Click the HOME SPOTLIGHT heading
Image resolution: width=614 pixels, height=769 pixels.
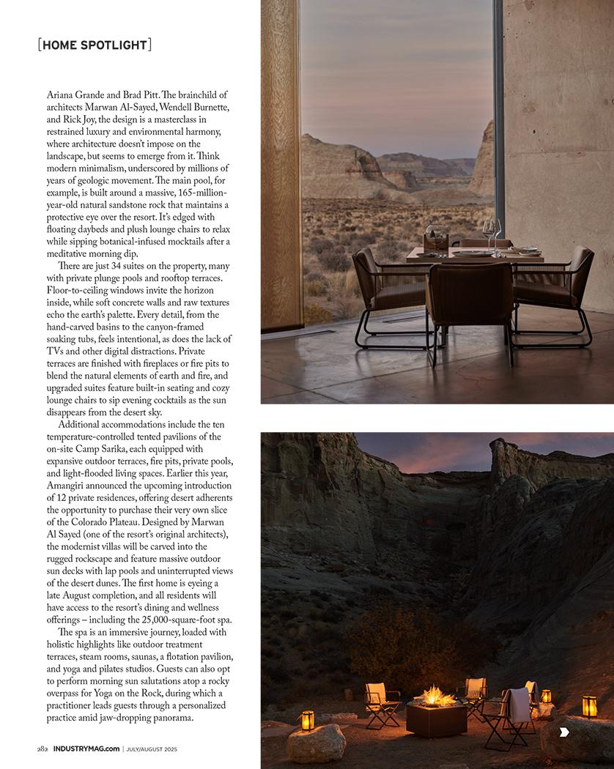click(95, 45)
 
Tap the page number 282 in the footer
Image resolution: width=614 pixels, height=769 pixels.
click(43, 748)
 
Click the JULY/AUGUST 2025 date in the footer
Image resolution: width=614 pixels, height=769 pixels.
click(152, 748)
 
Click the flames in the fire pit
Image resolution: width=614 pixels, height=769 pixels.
click(437, 695)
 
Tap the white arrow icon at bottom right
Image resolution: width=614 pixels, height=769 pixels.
click(563, 732)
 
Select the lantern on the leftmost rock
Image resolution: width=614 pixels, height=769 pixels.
click(307, 720)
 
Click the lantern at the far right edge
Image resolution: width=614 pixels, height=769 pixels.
click(589, 706)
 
